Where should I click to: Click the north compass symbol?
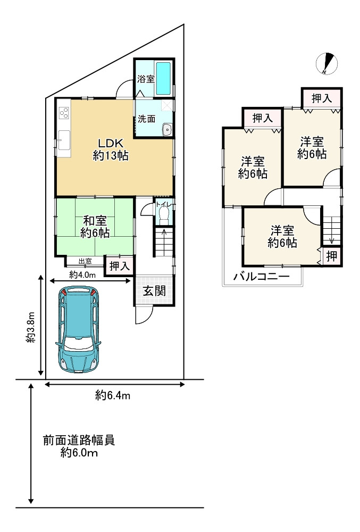[326, 63]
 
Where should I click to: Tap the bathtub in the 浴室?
[164, 78]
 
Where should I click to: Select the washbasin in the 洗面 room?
[167, 129]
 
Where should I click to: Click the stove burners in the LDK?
[64, 113]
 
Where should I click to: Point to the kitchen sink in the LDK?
[64, 140]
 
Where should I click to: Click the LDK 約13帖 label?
[111, 149]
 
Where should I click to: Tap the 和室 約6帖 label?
[95, 227]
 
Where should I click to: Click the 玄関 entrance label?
[154, 291]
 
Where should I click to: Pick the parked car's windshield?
[78, 344]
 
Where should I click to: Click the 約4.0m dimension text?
[82, 275]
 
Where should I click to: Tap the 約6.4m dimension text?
[113, 395]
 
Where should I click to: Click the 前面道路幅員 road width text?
[79, 440]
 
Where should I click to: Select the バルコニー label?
[261, 277]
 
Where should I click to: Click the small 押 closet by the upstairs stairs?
[331, 256]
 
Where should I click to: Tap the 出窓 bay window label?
[85, 261]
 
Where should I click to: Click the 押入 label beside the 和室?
[119, 266]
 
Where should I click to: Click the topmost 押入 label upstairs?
[322, 98]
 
